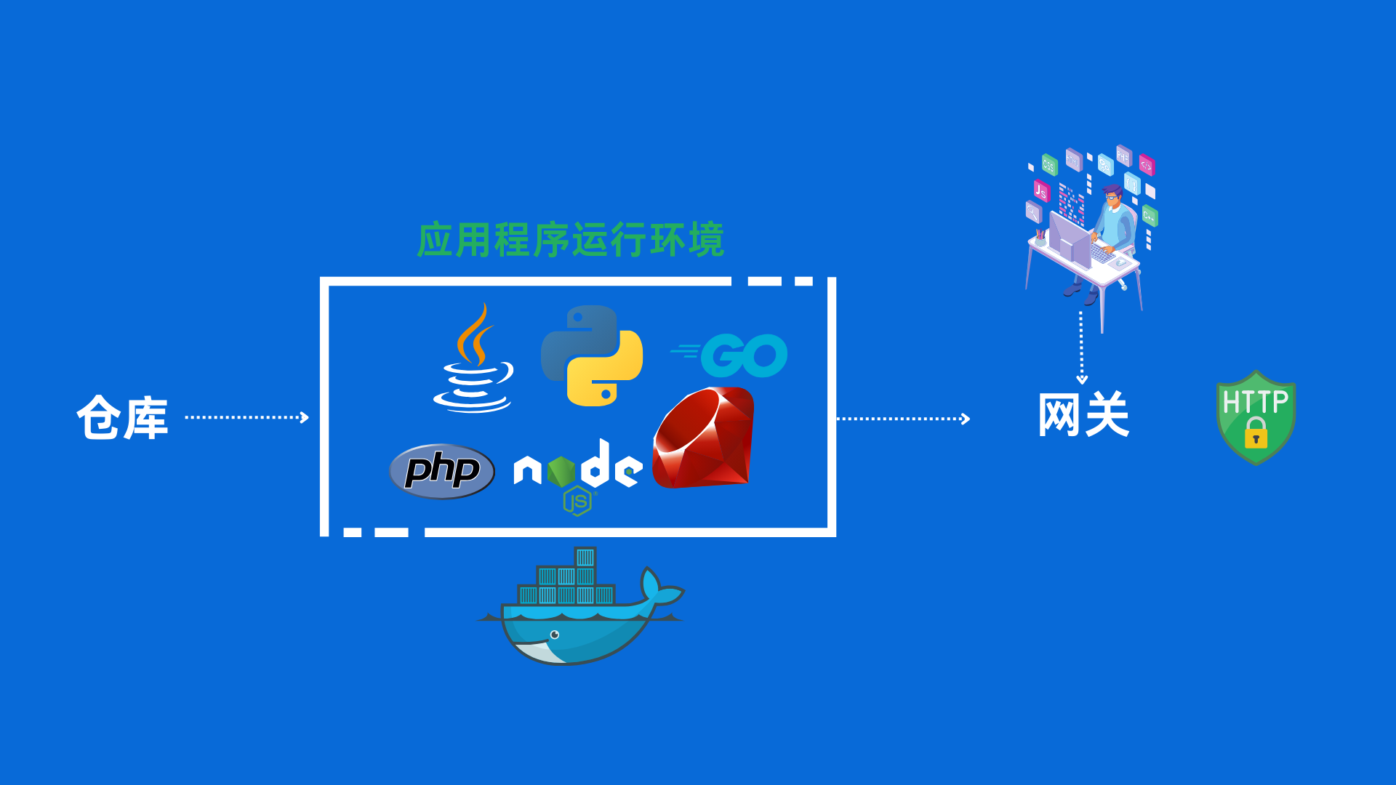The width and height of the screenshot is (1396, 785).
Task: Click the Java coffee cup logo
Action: click(473, 361)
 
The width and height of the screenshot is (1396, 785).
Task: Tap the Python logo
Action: click(592, 355)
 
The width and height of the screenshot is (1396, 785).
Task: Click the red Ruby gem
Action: click(704, 438)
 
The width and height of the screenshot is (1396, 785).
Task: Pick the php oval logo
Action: click(441, 471)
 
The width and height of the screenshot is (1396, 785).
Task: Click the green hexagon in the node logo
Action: click(561, 471)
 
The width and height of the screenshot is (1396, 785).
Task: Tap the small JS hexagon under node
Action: click(578, 502)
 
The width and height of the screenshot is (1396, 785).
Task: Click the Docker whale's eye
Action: click(555, 635)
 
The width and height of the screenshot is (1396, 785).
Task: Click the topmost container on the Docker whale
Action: click(585, 557)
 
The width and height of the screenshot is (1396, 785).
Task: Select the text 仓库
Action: click(122, 418)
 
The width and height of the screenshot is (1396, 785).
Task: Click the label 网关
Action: click(1083, 415)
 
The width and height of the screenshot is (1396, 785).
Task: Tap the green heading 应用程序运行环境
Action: click(571, 240)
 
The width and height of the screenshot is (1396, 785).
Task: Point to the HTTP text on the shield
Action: click(1256, 401)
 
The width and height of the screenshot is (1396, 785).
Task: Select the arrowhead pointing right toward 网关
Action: click(966, 419)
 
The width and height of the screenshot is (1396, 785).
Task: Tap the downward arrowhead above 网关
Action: click(1082, 379)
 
